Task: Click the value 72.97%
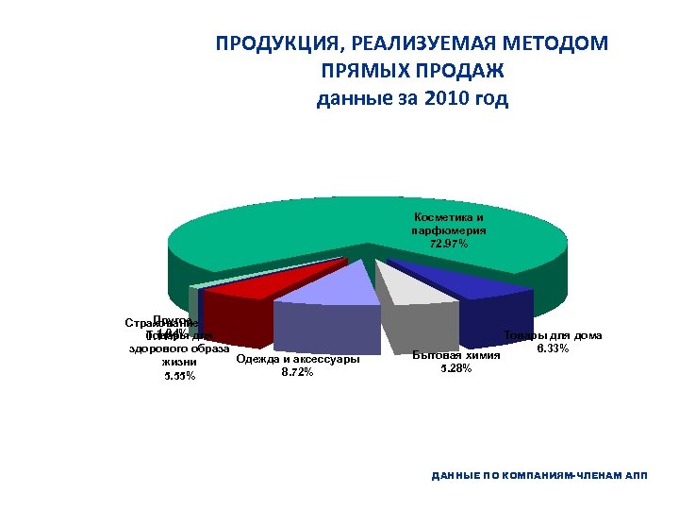tap(448, 244)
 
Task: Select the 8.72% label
tap(297, 371)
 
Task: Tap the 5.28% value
tap(456, 367)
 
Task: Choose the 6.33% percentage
tap(552, 349)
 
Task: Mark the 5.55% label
tap(179, 376)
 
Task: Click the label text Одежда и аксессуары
tap(297, 358)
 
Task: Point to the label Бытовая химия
tap(456, 355)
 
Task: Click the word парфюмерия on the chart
tap(448, 230)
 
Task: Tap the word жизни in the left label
tap(179, 362)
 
